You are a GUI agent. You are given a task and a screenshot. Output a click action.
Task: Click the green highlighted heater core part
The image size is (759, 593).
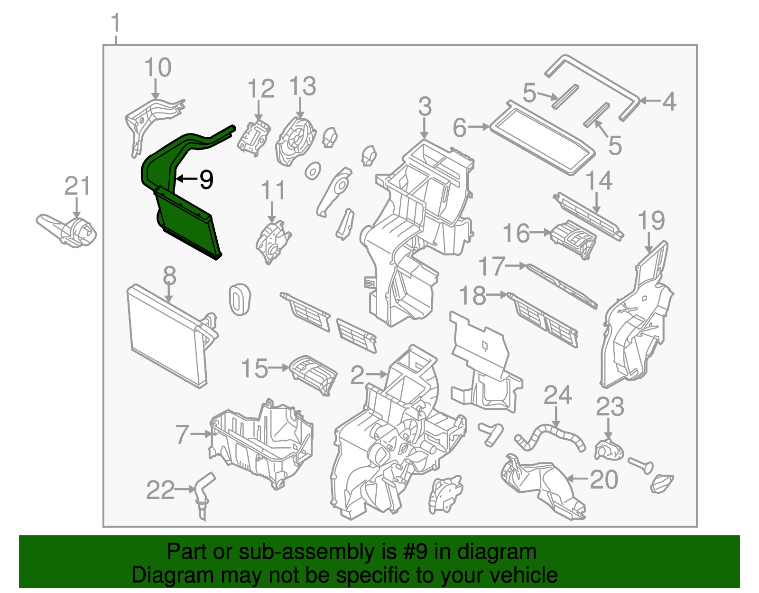pos(187,223)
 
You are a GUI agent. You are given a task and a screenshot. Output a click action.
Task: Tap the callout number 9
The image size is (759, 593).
pos(206,179)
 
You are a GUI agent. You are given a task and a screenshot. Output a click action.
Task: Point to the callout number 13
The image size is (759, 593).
pos(302,86)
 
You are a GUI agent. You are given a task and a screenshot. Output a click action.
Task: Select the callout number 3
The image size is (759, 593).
pos(425,106)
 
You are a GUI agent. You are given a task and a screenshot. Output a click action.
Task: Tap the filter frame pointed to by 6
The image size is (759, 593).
pos(541,138)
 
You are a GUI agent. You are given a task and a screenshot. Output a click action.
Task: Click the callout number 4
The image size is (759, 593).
pos(669,101)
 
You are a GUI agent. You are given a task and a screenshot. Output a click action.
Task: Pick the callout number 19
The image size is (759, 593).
pos(651,220)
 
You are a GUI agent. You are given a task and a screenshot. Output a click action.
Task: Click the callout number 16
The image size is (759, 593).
pos(516,234)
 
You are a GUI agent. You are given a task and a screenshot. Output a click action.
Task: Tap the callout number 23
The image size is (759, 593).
pos(610,407)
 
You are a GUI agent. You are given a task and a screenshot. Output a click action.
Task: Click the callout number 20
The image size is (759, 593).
pos(604,480)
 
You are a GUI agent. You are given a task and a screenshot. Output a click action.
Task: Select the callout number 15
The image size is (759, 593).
pos(254,368)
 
